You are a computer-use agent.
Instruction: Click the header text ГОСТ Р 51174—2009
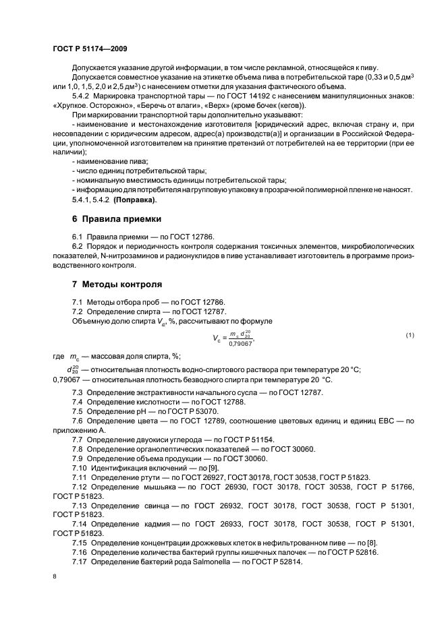tap(90, 49)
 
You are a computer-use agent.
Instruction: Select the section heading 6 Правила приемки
tap(117, 220)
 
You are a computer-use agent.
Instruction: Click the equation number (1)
tap(410, 335)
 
